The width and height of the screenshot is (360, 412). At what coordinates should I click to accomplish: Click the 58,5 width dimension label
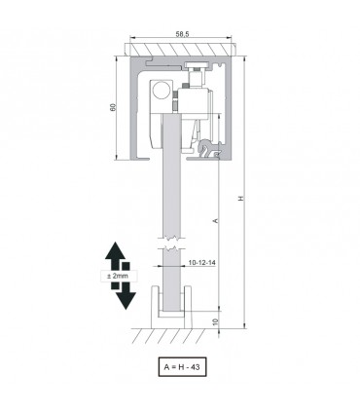tap(182, 34)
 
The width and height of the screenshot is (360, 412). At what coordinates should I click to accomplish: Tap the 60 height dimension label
tap(113, 107)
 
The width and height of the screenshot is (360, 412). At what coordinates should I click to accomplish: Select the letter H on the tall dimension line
tap(240, 199)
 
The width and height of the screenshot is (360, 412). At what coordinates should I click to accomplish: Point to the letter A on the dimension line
tap(215, 221)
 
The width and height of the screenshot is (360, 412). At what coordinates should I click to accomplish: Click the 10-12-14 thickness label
tap(201, 262)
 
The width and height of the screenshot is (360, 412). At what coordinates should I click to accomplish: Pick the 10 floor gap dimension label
tap(216, 321)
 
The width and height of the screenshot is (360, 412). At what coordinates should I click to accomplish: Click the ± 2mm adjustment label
tap(118, 276)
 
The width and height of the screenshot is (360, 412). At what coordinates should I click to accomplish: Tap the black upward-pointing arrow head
tap(115, 250)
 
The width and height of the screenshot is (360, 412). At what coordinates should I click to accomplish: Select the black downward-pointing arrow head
tap(126, 300)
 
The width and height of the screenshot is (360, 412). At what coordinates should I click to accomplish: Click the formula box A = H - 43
tap(182, 367)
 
